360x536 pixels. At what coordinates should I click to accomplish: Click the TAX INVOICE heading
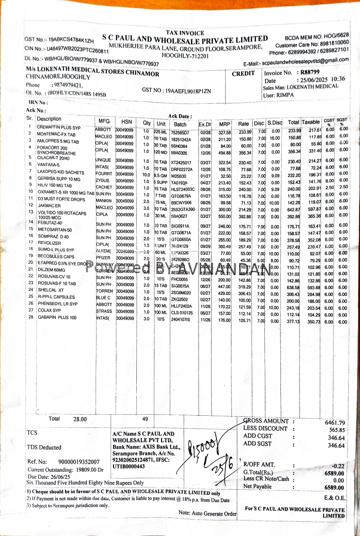(x=185, y=33)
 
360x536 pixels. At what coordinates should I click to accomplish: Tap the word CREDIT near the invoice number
(x=243, y=74)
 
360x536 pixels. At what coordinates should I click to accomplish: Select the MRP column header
(x=224, y=124)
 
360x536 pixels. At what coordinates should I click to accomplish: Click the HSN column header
(x=126, y=121)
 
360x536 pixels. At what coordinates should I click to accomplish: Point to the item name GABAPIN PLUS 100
(x=56, y=317)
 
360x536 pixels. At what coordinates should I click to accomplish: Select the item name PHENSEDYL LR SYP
(x=57, y=304)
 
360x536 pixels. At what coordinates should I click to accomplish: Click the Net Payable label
(x=258, y=486)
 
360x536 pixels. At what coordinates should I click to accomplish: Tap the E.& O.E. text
(x=334, y=497)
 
